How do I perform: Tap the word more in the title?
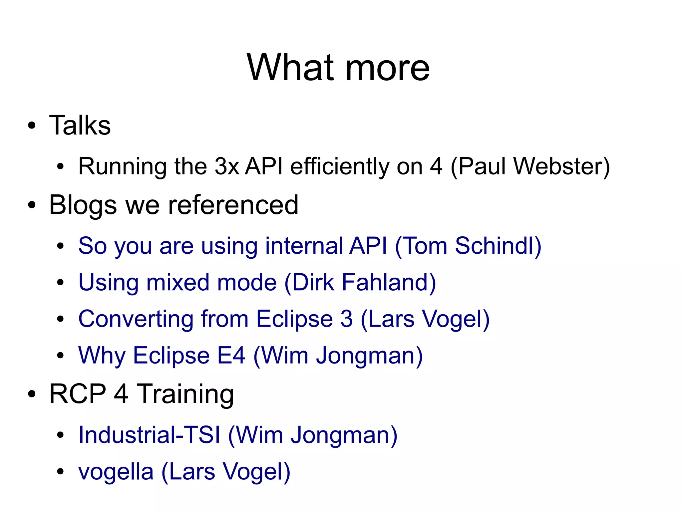pyautogui.click(x=388, y=69)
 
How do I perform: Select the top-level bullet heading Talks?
pyautogui.click(x=80, y=126)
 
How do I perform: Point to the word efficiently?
pyautogui.click(x=339, y=167)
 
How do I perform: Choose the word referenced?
pyautogui.click(x=233, y=205)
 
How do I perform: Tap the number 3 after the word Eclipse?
pyautogui.click(x=346, y=319)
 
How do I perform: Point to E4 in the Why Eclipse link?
pyautogui.click(x=231, y=355)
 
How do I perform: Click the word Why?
pyautogui.click(x=102, y=356)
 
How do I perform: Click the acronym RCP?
pyautogui.click(x=78, y=394)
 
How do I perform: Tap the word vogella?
pyautogui.click(x=116, y=472)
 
